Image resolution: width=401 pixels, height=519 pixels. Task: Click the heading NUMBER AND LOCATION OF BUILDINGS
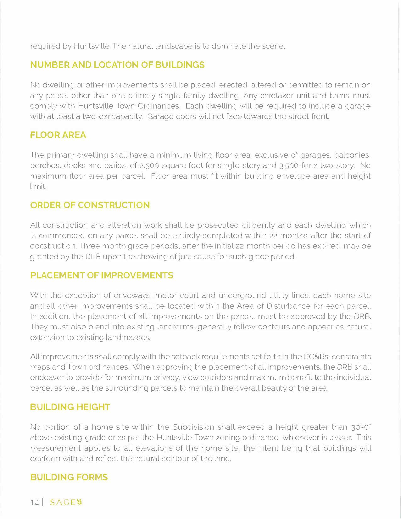(x=117, y=65)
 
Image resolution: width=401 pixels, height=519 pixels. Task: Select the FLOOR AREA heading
(x=58, y=135)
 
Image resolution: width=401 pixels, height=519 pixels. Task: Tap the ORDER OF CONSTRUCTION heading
(x=90, y=205)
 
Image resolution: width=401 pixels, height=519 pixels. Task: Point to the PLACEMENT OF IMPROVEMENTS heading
(x=102, y=275)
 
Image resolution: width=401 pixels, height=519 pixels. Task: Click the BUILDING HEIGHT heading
(x=70, y=407)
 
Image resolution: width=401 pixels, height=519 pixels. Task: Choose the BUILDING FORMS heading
(x=69, y=477)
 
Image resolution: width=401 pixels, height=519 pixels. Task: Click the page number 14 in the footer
(x=34, y=503)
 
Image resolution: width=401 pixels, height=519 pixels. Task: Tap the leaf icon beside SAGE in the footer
(x=79, y=502)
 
